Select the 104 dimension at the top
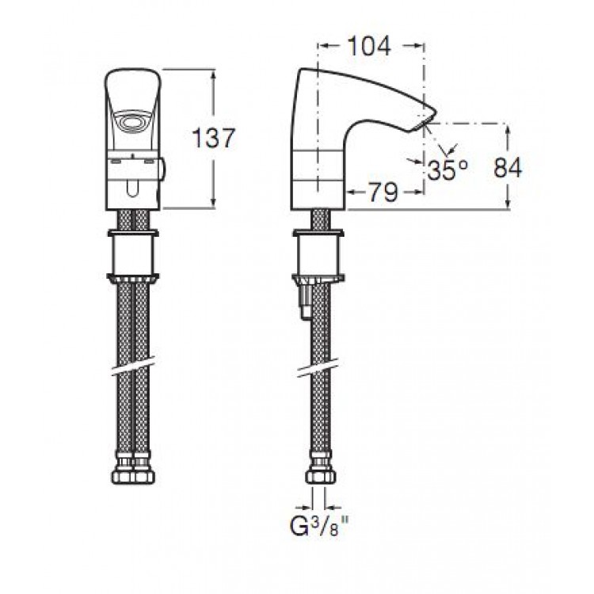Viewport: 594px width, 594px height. pyautogui.click(x=369, y=46)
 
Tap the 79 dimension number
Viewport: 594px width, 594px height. pyautogui.click(x=383, y=192)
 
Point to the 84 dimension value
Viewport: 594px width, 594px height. pyautogui.click(x=508, y=167)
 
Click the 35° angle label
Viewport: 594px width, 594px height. pyautogui.click(x=447, y=169)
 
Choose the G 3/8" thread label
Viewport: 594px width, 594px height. pyautogui.click(x=319, y=526)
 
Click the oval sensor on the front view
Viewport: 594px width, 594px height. pyautogui.click(x=132, y=122)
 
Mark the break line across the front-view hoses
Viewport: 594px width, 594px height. pyautogui.click(x=133, y=367)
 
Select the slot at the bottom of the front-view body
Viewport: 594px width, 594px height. pyautogui.click(x=132, y=188)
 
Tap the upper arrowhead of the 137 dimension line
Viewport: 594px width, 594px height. pyautogui.click(x=214, y=76)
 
